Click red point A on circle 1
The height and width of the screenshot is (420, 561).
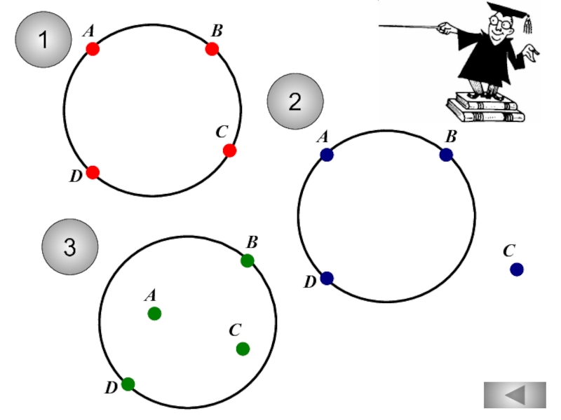[x=93, y=49]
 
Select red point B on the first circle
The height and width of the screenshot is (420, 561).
[x=212, y=49]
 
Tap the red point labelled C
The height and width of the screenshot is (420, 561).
[x=230, y=150]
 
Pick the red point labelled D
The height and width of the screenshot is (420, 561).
[x=93, y=172]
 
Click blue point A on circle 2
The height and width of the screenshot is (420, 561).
[x=327, y=155]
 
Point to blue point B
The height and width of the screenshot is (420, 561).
[x=446, y=155]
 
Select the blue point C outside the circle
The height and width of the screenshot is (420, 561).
[x=517, y=269]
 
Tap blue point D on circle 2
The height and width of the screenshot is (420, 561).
[x=327, y=278]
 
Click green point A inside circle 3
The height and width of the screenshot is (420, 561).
[x=154, y=314]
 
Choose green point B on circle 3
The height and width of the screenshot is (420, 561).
[x=248, y=260]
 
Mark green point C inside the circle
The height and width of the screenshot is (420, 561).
[x=243, y=349]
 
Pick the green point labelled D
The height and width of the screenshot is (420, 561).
[x=128, y=384]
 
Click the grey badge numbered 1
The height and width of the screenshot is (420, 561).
[x=43, y=39]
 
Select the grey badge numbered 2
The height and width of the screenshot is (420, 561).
[x=295, y=101]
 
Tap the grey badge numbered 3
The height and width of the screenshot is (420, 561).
[x=69, y=247]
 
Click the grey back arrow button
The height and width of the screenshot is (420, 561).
[x=515, y=395]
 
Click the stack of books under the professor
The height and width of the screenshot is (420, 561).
[x=485, y=108]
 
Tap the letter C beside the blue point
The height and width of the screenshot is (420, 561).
[x=509, y=251]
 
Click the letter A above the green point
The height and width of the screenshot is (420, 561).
[x=151, y=295]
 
